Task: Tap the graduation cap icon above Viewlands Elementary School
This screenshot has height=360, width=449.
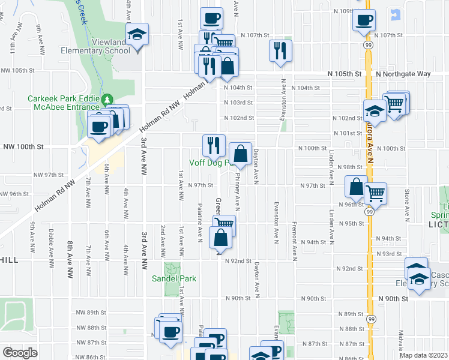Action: pyautogui.click(x=137, y=34)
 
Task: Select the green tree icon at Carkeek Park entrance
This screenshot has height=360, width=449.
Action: pyautogui.click(x=107, y=99)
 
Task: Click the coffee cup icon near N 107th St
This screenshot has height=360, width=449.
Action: pyautogui.click(x=363, y=20)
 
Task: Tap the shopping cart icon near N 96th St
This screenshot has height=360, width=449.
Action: pyautogui.click(x=376, y=193)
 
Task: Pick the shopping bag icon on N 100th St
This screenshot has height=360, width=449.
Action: pyautogui.click(x=240, y=154)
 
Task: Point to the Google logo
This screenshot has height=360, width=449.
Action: pyautogui.click(x=20, y=353)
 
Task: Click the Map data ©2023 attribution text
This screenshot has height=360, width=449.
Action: pyautogui.click(x=423, y=355)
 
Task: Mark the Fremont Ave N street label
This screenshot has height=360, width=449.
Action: pyautogui.click(x=295, y=243)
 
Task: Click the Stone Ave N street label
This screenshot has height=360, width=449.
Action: pyautogui.click(x=406, y=202)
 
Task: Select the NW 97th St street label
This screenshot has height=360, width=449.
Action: pyautogui.click(x=49, y=175)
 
